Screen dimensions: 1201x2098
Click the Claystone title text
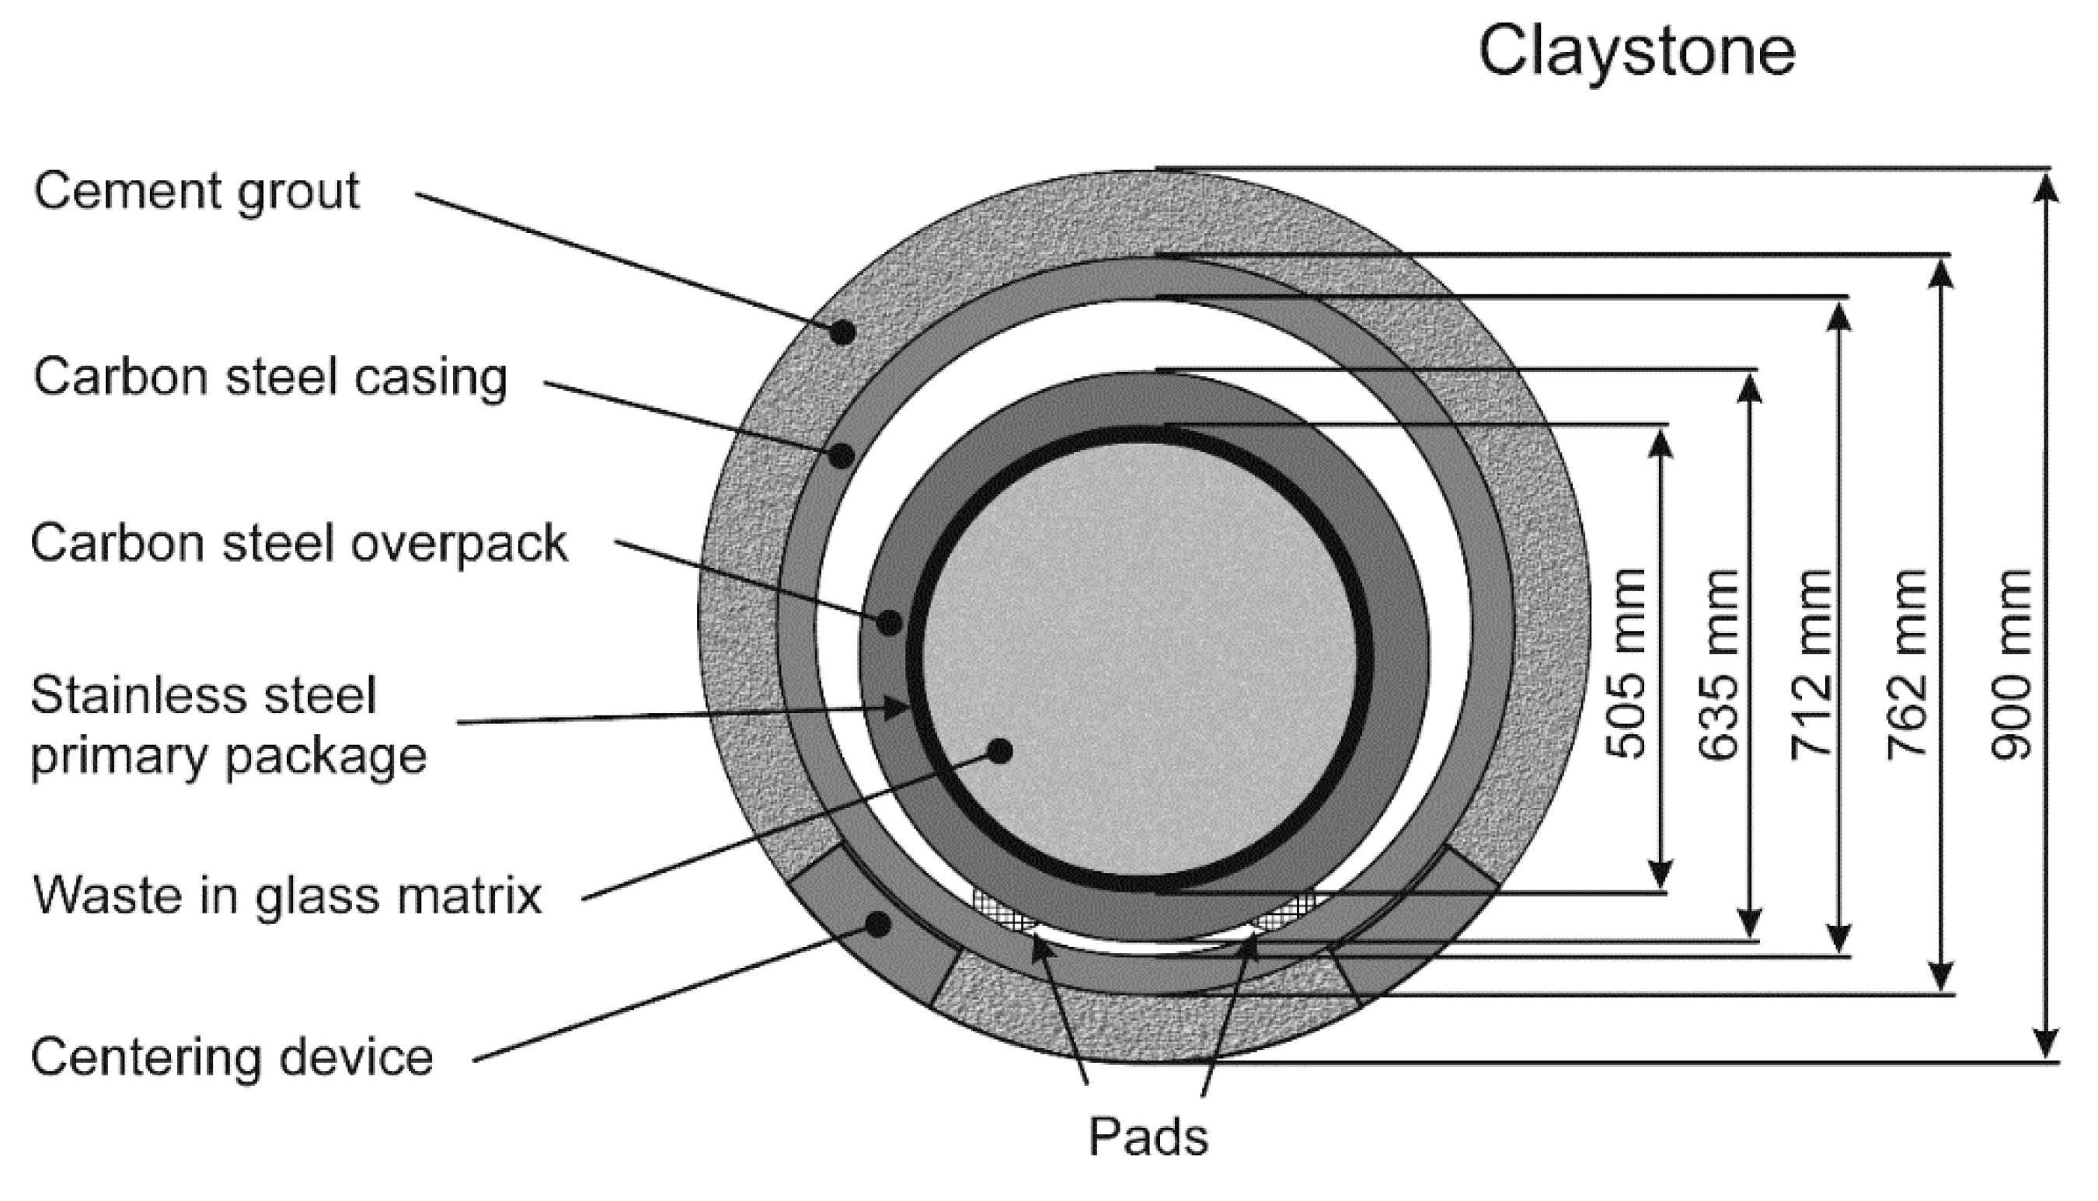1636,51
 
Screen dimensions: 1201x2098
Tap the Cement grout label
197,191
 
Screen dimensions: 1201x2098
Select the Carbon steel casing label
270,377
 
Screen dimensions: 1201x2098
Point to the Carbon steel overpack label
298,544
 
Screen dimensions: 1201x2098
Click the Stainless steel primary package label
228,725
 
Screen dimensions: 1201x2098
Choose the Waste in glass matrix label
287,896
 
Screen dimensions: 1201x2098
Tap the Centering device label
232,1057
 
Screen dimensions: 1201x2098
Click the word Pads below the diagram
1148,1137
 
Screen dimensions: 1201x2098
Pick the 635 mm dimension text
1720,665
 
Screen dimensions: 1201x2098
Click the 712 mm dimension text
1812,665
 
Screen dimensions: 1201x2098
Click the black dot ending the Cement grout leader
842,332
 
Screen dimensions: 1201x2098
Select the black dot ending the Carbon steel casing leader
841,455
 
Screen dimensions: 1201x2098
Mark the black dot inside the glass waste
1000,750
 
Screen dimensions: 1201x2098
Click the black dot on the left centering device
880,924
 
